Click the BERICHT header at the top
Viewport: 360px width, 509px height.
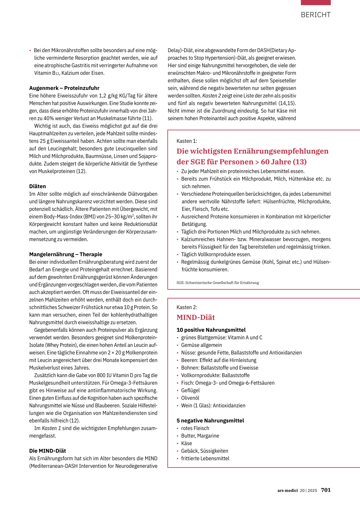click(316, 15)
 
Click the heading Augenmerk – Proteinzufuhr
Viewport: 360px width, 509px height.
click(64, 88)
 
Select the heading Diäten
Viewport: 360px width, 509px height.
click(38, 186)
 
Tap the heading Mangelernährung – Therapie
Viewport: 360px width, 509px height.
click(66, 254)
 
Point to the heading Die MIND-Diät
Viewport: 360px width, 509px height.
click(47, 451)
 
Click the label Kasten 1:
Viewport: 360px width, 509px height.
click(187, 141)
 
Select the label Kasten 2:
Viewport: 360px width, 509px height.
click(187, 307)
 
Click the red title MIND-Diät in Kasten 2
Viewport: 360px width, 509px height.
click(195, 317)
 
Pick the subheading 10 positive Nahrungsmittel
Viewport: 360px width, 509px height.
click(211, 330)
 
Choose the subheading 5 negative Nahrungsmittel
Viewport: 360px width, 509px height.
click(210, 421)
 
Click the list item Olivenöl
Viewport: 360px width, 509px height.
click(190, 398)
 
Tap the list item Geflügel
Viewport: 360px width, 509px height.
click(190, 391)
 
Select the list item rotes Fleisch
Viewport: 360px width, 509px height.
click(195, 429)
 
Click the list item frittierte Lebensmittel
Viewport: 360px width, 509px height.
click(205, 459)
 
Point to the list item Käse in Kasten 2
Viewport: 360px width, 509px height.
click(187, 444)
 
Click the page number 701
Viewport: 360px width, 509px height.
click(326, 490)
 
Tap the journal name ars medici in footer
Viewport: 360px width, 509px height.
click(287, 490)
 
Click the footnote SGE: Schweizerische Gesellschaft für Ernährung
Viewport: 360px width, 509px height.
click(218, 283)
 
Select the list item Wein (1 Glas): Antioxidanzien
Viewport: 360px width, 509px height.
click(213, 406)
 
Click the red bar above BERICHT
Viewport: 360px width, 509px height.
click(316, 2)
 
